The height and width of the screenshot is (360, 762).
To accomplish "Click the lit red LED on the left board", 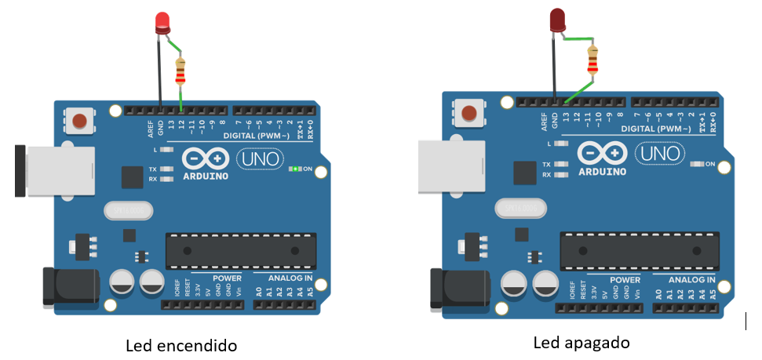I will coord(163,22).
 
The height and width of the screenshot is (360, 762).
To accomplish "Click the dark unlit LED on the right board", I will coord(558,20).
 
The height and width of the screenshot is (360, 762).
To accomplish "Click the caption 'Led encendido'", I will coord(181,345).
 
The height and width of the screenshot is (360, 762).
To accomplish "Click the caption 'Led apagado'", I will coord(582,343).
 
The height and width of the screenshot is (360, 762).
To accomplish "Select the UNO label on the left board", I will coord(257,159).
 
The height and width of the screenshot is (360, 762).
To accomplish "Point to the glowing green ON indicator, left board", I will coord(295,169).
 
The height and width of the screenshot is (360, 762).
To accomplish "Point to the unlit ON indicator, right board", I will coord(696,164).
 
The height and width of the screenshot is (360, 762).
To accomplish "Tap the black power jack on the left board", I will coord(71,287).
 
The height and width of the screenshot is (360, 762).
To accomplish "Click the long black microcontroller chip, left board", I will coord(241,251).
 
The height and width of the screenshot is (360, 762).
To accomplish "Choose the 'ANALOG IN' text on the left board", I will coord(290,278).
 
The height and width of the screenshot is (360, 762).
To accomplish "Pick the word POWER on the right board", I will coord(625,279).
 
